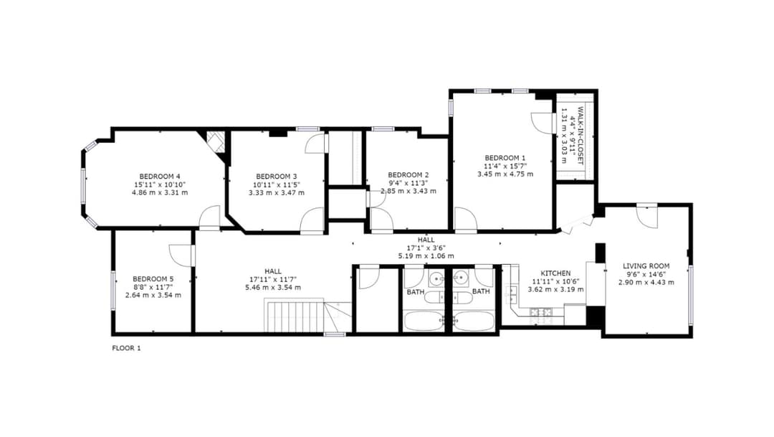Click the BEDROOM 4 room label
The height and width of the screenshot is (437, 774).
[x=159, y=176]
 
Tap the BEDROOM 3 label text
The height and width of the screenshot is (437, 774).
[x=277, y=176]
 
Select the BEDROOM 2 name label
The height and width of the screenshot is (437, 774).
[x=408, y=174]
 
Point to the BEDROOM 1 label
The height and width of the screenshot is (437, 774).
[x=505, y=158]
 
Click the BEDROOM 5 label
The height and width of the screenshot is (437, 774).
[x=153, y=278]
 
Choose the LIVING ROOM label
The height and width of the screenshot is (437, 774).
[x=646, y=266]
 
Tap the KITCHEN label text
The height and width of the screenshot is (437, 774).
[x=555, y=273]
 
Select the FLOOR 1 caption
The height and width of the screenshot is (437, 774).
[x=127, y=348]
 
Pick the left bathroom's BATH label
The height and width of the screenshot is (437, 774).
[x=416, y=291]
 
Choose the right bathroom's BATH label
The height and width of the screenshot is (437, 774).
[x=481, y=291]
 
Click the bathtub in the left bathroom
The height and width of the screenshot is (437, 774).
[x=424, y=320]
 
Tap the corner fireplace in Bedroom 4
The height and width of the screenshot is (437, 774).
[x=215, y=141]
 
